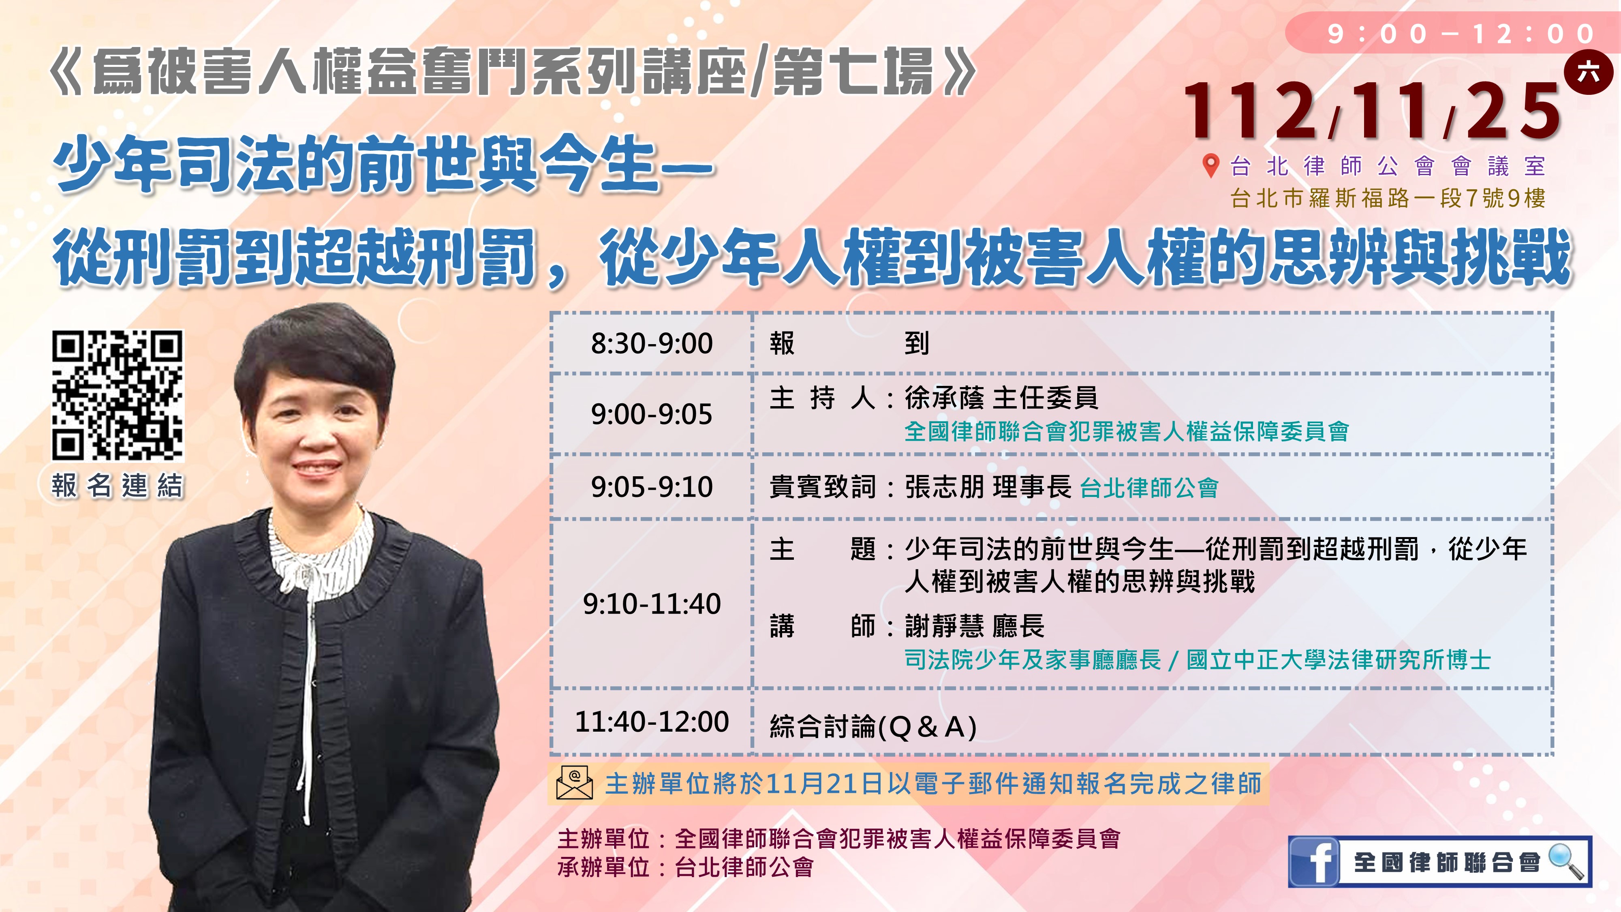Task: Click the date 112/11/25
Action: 1372,111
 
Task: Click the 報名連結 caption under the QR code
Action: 117,486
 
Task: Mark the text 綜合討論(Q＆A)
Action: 873,727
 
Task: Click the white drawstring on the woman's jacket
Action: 308,692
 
